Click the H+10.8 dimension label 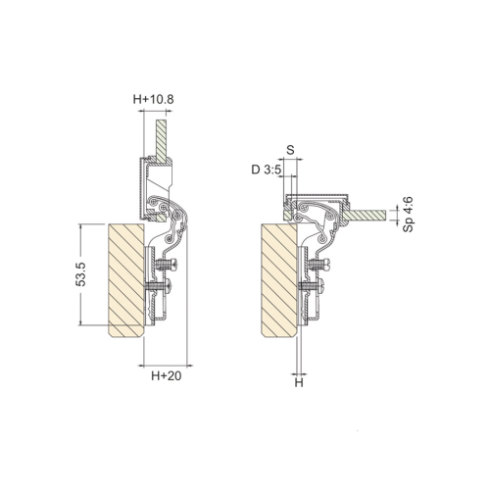click(x=153, y=99)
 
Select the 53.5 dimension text click(x=80, y=274)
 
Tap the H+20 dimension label click(x=166, y=376)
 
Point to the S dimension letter click(x=290, y=150)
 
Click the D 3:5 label click(x=266, y=170)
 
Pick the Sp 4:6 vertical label click(x=408, y=215)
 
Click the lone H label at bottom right click(x=299, y=382)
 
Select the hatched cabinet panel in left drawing click(x=126, y=280)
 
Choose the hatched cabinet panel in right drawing click(x=279, y=280)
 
